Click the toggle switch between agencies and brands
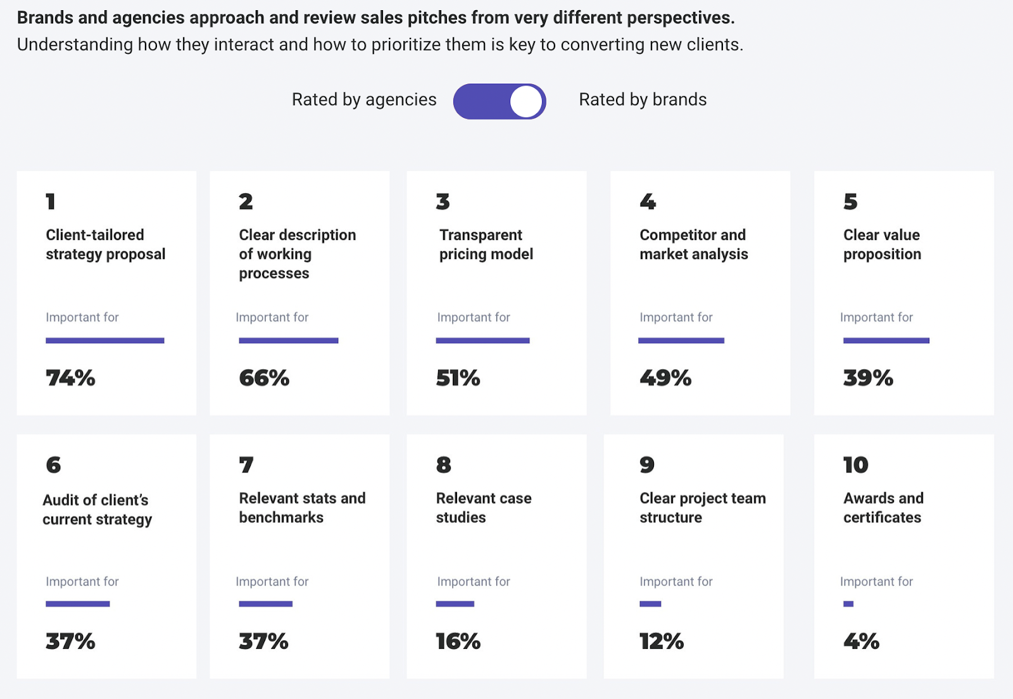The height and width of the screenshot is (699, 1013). (500, 101)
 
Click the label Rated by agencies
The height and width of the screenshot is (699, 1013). (364, 99)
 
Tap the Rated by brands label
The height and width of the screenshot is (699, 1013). (643, 99)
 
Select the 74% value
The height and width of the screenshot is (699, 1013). (70, 378)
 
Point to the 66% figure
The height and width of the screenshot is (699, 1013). (264, 378)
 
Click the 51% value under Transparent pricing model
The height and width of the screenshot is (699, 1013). (458, 378)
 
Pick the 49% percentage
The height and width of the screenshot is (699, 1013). (665, 378)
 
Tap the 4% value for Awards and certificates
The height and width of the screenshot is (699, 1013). (861, 641)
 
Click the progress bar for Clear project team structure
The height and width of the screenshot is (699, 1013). (650, 604)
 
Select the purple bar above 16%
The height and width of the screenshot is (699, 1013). (455, 604)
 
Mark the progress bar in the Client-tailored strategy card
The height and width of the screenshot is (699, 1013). (105, 341)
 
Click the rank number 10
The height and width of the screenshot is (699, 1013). (855, 465)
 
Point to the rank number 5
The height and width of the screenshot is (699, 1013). (850, 201)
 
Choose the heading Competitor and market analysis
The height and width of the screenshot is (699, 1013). (693, 244)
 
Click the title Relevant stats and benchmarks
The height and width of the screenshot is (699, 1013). (302, 508)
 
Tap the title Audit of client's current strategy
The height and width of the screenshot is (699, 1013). (97, 510)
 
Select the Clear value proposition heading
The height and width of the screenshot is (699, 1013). (882, 244)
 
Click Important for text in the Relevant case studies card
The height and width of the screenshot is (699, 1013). (474, 581)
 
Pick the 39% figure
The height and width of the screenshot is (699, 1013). (868, 378)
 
